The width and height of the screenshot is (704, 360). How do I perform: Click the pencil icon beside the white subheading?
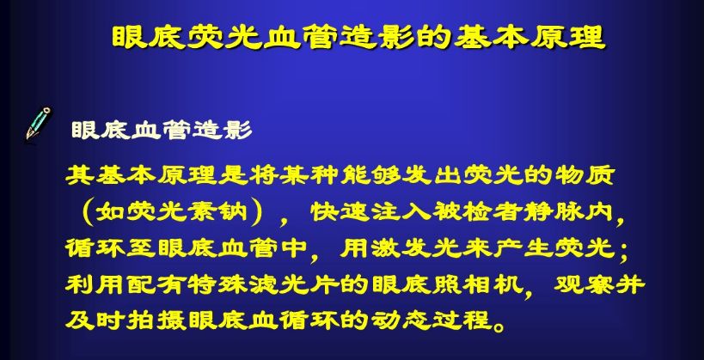pyautogui.click(x=38, y=123)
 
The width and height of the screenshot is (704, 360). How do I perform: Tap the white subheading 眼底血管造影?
pyautogui.click(x=162, y=131)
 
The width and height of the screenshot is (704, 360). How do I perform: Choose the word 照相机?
pyautogui.click(x=477, y=284)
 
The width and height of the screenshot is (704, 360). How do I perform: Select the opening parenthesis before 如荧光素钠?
pyautogui.click(x=85, y=212)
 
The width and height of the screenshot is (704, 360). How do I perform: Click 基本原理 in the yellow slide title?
pyautogui.click(x=530, y=37)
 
